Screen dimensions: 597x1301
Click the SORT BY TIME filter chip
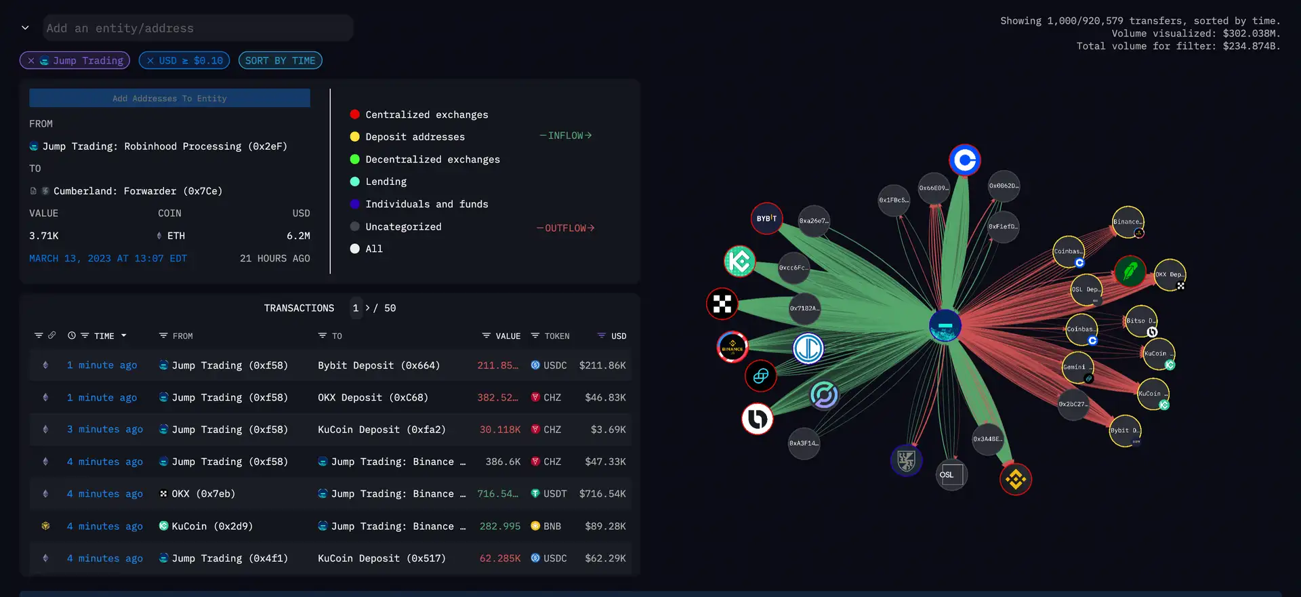(280, 60)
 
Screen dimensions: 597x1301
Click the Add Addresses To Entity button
(169, 98)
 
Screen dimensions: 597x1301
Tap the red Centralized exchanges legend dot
(354, 115)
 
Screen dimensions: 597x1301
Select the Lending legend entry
(386, 182)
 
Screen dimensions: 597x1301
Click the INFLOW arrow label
(566, 136)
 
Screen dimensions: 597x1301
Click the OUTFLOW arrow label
(566, 228)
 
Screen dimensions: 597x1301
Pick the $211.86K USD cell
(602, 365)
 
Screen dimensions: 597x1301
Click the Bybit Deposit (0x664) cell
(379, 365)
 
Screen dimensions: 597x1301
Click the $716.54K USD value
(602, 494)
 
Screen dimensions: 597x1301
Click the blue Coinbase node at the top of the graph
(965, 161)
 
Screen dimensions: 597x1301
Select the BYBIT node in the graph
(767, 219)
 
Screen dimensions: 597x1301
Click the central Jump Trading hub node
(945, 326)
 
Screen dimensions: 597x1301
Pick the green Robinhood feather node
(1130, 272)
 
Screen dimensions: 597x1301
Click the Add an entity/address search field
(197, 28)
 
